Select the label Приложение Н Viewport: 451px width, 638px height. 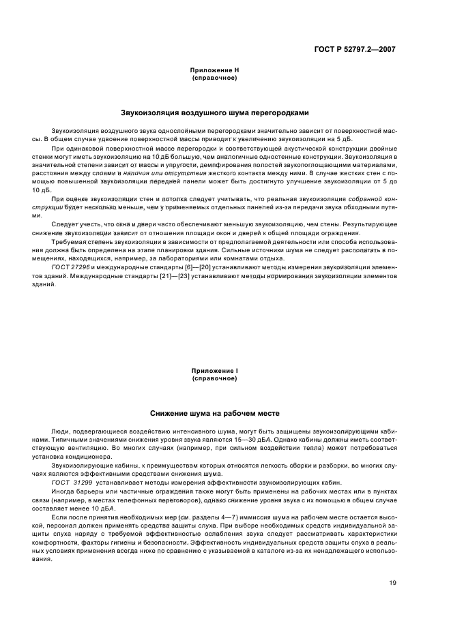[214, 70]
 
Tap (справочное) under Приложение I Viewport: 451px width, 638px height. [214, 378]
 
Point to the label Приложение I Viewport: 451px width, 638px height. [214, 370]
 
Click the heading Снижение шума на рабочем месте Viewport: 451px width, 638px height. [214, 413]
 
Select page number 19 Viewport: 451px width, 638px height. [392, 582]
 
